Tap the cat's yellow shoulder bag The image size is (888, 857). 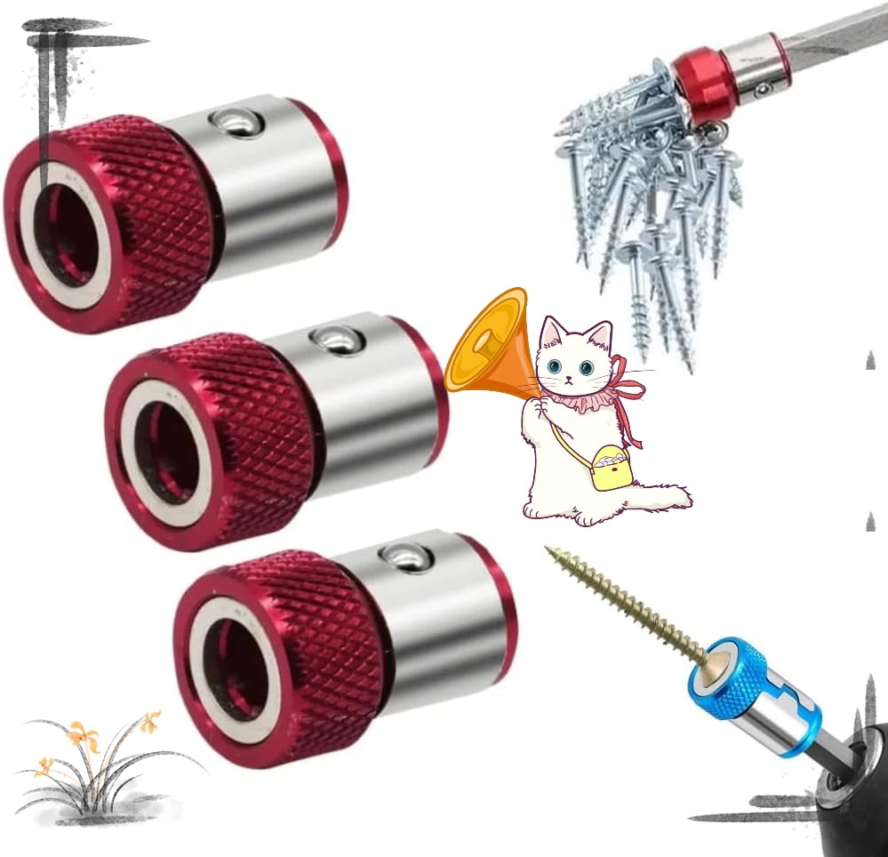click(612, 468)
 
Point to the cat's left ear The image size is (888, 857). click(553, 332)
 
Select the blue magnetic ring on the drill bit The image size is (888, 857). click(729, 679)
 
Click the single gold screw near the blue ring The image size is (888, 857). click(622, 605)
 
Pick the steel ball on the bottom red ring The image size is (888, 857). click(407, 557)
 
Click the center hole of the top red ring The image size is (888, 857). click(67, 236)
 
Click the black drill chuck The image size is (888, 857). click(853, 782)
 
